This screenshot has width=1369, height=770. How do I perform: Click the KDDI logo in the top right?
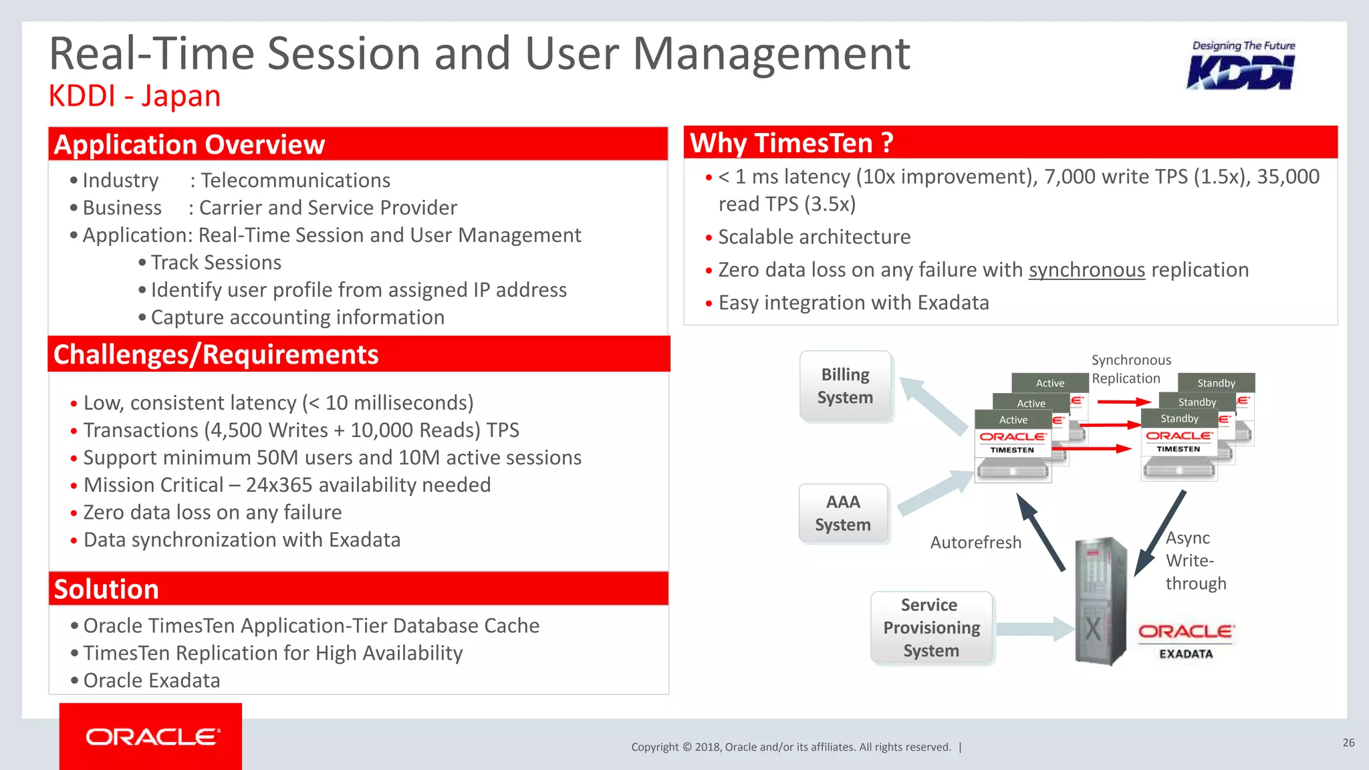[x=1242, y=66]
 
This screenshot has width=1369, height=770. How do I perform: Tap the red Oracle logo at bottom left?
[x=151, y=737]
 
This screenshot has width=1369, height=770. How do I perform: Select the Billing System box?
[x=846, y=386]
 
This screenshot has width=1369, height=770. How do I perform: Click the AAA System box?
[x=843, y=513]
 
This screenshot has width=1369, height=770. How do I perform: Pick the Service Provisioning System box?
[x=931, y=628]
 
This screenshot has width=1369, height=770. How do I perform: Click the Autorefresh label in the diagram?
[x=975, y=542]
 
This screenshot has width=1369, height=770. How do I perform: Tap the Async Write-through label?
[x=1195, y=560]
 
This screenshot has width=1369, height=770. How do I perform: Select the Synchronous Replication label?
[x=1130, y=369]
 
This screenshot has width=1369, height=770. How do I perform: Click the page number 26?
[x=1348, y=743]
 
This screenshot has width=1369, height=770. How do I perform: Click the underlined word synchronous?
[x=1086, y=269]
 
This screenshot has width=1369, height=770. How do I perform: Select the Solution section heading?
[x=106, y=589]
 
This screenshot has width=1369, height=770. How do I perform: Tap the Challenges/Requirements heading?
[x=216, y=354]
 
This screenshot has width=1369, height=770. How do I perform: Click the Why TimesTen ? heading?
[x=791, y=143]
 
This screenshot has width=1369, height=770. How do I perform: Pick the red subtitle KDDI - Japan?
[x=134, y=96]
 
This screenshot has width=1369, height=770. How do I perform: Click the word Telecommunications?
[x=295, y=180]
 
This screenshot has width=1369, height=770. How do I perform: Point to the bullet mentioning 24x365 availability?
[x=287, y=485]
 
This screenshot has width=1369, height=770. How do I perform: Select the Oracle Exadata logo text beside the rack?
[x=1186, y=640]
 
